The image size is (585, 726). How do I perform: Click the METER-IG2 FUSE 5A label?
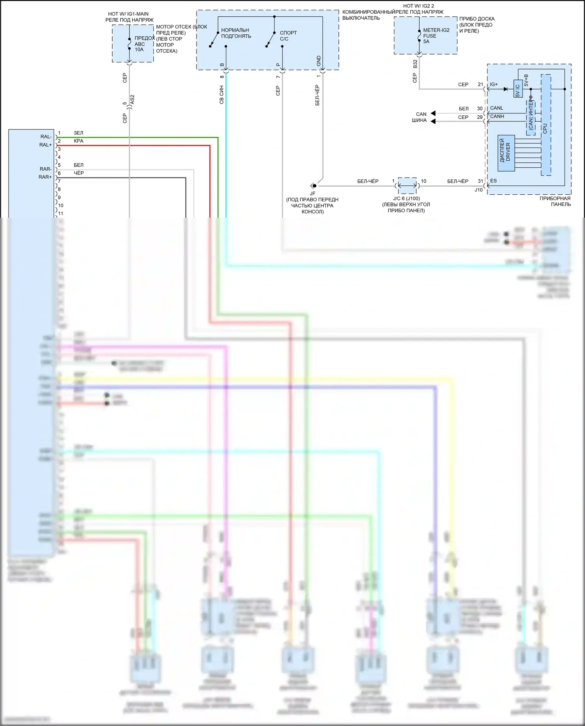[436, 36]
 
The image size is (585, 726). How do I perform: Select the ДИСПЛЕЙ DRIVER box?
[506, 153]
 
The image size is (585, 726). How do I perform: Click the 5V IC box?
[518, 89]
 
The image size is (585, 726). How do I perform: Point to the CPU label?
[545, 128]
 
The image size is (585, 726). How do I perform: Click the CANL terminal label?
[496, 108]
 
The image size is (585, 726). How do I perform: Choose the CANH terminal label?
[497, 116]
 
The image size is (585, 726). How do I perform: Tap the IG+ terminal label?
[494, 84]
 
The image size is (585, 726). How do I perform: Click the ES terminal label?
[493, 181]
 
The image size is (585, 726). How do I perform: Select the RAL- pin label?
[46, 137]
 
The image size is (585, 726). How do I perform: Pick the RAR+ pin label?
[45, 177]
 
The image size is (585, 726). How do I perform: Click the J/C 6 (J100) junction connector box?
[407, 186]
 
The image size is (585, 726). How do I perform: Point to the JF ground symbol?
[313, 186]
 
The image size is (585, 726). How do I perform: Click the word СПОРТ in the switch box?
[288, 33]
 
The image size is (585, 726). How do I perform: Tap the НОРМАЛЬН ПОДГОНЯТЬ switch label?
[236, 33]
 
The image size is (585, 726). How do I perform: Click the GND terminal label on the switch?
[319, 61]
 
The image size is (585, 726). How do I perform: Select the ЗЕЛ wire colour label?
[78, 133]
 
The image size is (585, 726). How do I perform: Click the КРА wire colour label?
[78, 141]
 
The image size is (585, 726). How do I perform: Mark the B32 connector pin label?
[415, 64]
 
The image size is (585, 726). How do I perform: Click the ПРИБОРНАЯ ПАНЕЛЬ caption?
[555, 201]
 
